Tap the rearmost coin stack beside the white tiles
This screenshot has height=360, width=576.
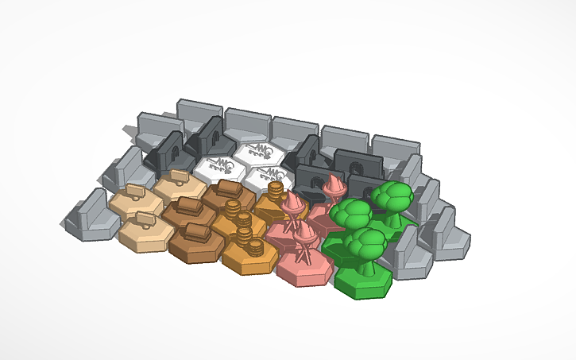276,191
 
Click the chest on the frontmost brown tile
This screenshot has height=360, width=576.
195,232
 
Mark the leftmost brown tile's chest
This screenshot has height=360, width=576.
187,205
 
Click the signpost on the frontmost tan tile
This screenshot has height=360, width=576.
145,219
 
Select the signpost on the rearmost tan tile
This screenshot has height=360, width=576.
178,174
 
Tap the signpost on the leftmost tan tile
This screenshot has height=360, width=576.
133,191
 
